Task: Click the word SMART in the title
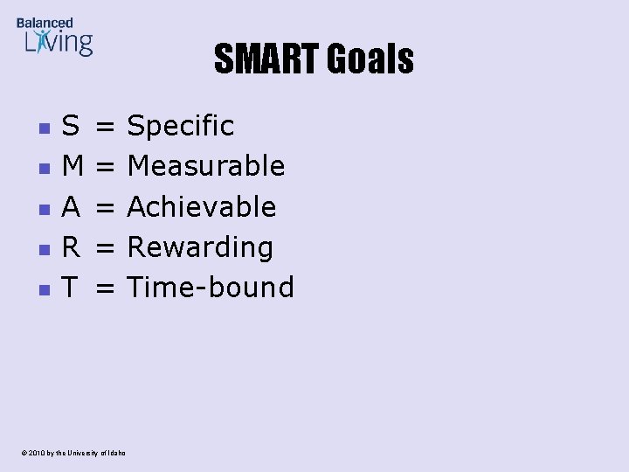click(x=267, y=59)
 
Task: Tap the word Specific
click(x=181, y=126)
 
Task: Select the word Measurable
click(x=206, y=166)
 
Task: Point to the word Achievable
click(x=202, y=207)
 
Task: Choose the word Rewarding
click(x=200, y=247)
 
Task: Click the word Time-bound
click(x=211, y=288)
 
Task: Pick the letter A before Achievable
click(x=71, y=207)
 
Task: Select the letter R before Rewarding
click(x=71, y=247)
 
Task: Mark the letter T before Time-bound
click(x=70, y=288)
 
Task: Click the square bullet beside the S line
click(x=42, y=128)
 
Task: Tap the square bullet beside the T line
click(x=42, y=289)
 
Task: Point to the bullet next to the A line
click(x=42, y=209)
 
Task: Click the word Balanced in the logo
click(x=45, y=23)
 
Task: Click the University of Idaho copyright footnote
click(x=70, y=453)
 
